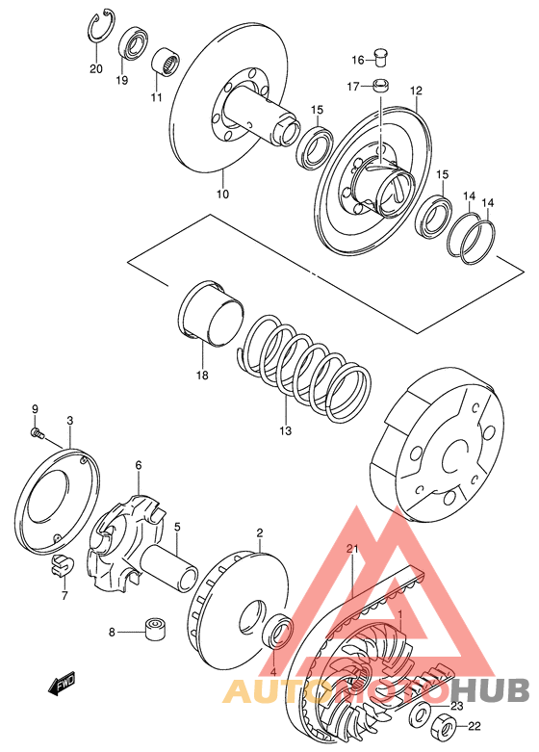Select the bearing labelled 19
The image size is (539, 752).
click(x=133, y=43)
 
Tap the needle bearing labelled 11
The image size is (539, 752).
click(x=166, y=61)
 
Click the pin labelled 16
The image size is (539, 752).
click(x=381, y=58)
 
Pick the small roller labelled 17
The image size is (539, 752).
click(x=381, y=87)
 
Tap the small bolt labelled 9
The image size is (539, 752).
click(x=38, y=434)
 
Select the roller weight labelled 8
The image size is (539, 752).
click(x=154, y=629)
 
